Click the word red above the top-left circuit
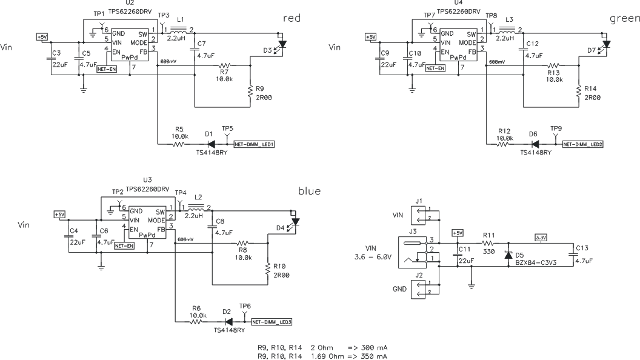[292, 19]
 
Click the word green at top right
[624, 19]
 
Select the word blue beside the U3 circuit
[309, 192]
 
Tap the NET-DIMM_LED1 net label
[256, 144]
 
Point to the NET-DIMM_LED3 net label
[272, 321]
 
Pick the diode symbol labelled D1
[211, 144]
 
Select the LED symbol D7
[607, 44]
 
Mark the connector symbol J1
[418, 215]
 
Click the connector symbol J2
[418, 290]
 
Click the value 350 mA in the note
[375, 356]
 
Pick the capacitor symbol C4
[68, 236]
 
